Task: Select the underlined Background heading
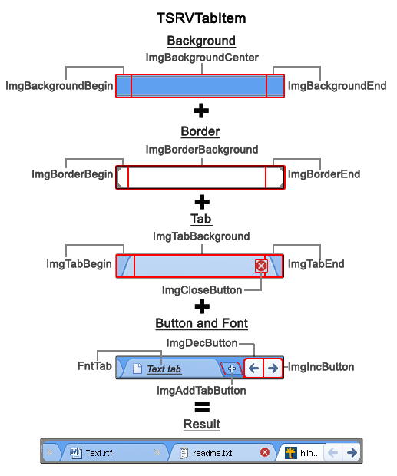(x=201, y=41)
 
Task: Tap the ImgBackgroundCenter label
(x=202, y=58)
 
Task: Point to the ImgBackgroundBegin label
(x=59, y=86)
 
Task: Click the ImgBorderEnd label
(x=323, y=174)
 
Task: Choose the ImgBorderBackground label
(x=202, y=150)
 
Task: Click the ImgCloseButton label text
(x=202, y=290)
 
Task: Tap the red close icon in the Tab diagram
(x=261, y=266)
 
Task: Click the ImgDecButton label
(x=202, y=343)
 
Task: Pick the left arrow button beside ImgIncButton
(x=253, y=368)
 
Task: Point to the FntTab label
(x=94, y=367)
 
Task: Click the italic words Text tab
(x=164, y=369)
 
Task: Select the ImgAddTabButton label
(x=201, y=391)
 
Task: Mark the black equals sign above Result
(x=201, y=408)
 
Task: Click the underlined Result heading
(x=201, y=425)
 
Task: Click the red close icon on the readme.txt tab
(x=265, y=452)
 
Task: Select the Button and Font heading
(x=201, y=323)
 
